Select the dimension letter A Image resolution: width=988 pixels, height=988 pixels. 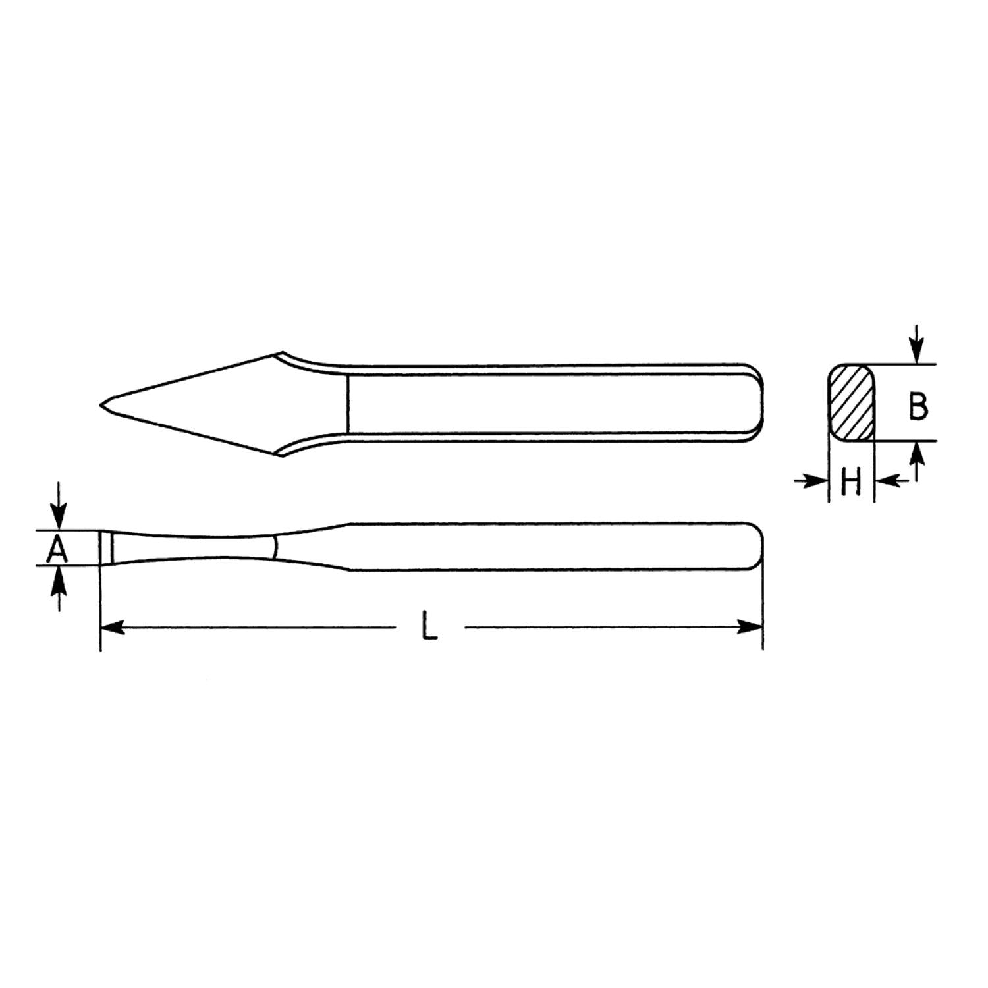coord(58,548)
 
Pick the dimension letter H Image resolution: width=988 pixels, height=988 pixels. coord(851,482)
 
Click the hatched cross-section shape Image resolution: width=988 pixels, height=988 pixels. coord(851,402)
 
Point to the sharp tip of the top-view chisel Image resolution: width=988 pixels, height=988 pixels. coord(100,403)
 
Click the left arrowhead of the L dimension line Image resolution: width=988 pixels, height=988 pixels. coord(112,627)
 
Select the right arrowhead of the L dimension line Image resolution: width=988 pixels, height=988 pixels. coord(750,627)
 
